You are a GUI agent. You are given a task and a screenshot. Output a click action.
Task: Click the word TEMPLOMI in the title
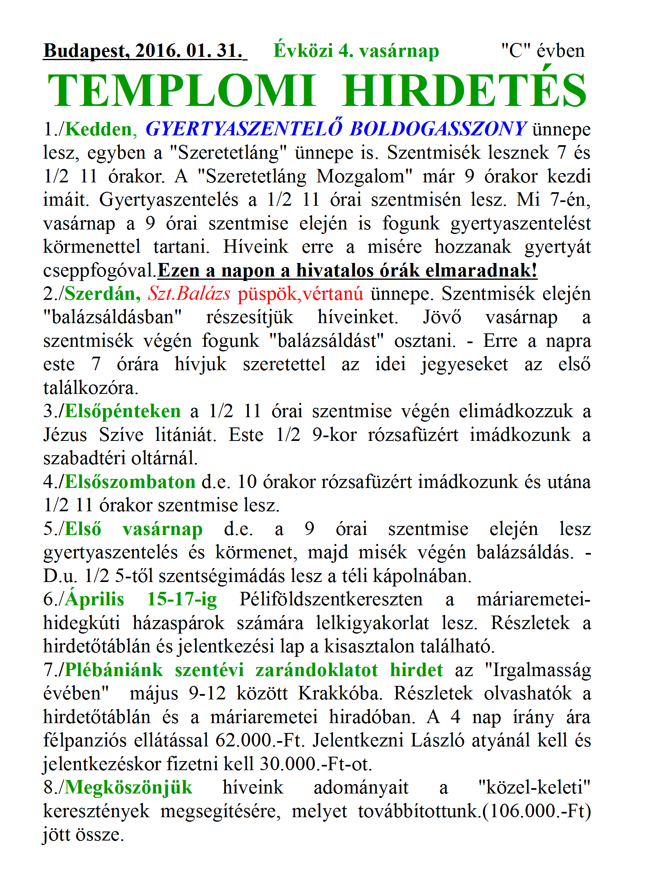pos(182,91)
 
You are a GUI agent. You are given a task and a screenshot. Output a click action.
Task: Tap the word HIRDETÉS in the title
pos(465,91)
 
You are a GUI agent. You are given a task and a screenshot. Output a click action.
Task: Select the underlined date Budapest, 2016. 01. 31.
pos(145,51)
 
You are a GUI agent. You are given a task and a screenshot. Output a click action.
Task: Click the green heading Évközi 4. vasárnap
pos(356,51)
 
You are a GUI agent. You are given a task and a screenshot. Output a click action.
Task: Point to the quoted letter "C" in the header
pos(516,51)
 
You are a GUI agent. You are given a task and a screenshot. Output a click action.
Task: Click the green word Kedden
pos(98,130)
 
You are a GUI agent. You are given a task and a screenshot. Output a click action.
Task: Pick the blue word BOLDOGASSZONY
pos(438,129)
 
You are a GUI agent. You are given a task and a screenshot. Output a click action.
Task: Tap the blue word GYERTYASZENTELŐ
pos(244,129)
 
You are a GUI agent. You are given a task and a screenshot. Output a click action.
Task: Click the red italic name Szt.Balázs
pos(189,294)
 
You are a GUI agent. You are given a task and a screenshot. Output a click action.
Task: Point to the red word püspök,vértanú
pos(300,294)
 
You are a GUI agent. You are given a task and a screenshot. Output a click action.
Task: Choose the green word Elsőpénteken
pos(123,411)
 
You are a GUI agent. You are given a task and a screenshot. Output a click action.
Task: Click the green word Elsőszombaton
pos(130,482)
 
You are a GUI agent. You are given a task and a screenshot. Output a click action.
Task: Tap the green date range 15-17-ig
pos(182,600)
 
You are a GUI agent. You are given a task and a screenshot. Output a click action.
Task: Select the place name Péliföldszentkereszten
pos(331,600)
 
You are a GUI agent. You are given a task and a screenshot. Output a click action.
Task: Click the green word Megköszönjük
pos(129,788)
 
